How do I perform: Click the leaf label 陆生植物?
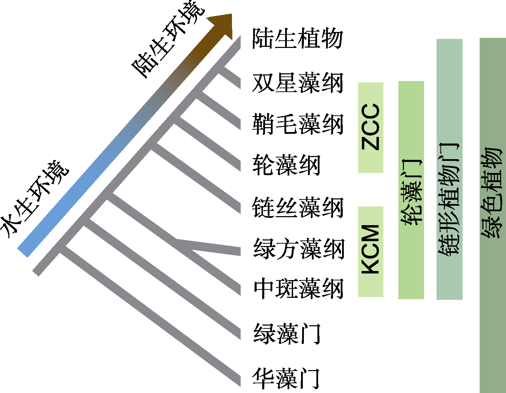click(x=297, y=38)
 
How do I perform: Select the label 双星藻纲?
click(x=297, y=83)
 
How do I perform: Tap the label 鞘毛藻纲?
click(x=297, y=124)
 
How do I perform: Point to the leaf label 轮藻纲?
click(x=286, y=165)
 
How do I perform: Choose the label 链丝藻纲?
click(x=297, y=207)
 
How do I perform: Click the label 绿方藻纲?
click(x=298, y=249)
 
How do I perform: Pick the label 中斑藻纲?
click(x=298, y=288)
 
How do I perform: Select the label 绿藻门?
click(x=287, y=334)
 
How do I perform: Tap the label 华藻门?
click(x=286, y=378)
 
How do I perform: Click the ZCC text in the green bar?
click(x=371, y=127)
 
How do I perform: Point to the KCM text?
click(x=371, y=249)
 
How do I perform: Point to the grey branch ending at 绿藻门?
click(x=163, y=278)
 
